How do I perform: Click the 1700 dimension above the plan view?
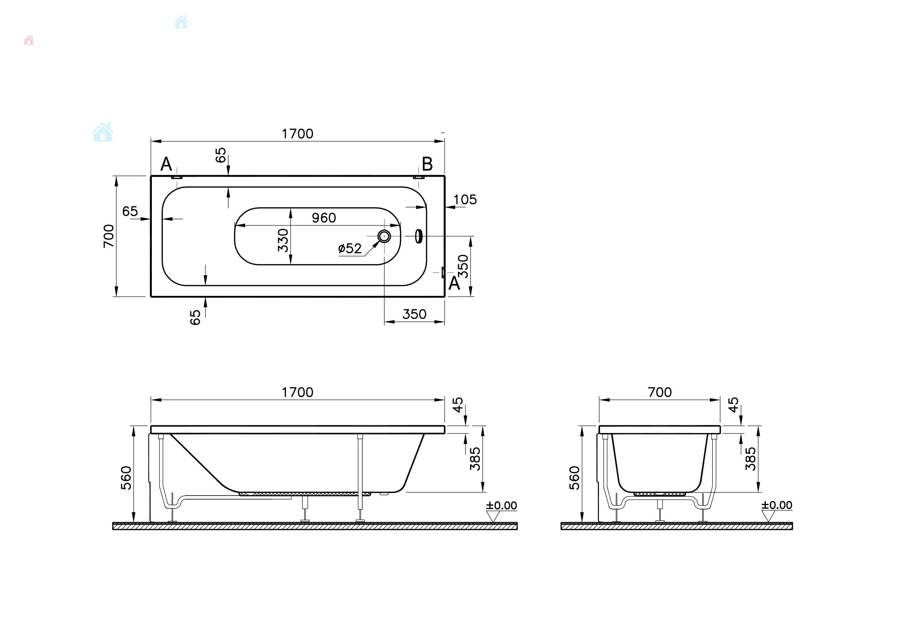coord(297,134)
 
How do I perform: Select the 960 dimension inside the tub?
coord(324,218)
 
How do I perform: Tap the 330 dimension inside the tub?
coord(283,240)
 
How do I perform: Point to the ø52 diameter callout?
coord(350,248)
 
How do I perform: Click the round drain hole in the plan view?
coord(384,236)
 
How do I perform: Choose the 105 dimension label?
coord(465,200)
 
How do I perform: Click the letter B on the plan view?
coord(427,164)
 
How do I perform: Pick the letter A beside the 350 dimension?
coord(454,283)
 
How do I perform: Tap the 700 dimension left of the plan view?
coord(109,236)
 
